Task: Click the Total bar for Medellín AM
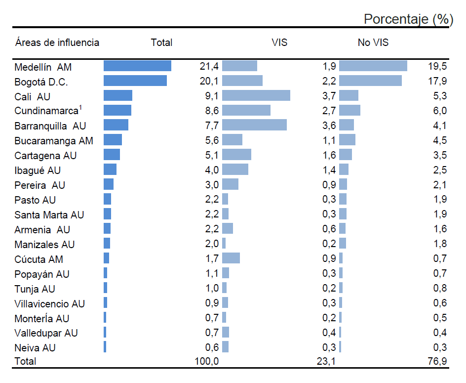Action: pos(137,66)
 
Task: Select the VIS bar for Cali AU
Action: pos(256,96)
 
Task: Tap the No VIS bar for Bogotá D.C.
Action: pos(370,81)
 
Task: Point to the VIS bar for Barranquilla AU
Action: pos(254,126)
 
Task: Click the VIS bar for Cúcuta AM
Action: pos(231,258)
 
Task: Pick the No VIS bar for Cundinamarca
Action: pos(349,111)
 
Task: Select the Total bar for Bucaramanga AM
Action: pos(113,140)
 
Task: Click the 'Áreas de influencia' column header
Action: pos(57,43)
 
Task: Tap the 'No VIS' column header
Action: pos(373,43)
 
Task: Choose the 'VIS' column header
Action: pos(279,43)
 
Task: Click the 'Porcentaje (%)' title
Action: pos(408,19)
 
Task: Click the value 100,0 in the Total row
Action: pos(207,362)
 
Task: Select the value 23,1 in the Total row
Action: pos(326,362)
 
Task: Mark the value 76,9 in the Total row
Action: pos(437,362)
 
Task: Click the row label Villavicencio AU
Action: pos(49,303)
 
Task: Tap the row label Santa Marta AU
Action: pos(49,215)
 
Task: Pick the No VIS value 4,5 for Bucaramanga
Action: pos(439,141)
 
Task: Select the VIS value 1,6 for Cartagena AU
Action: pos(329,156)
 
